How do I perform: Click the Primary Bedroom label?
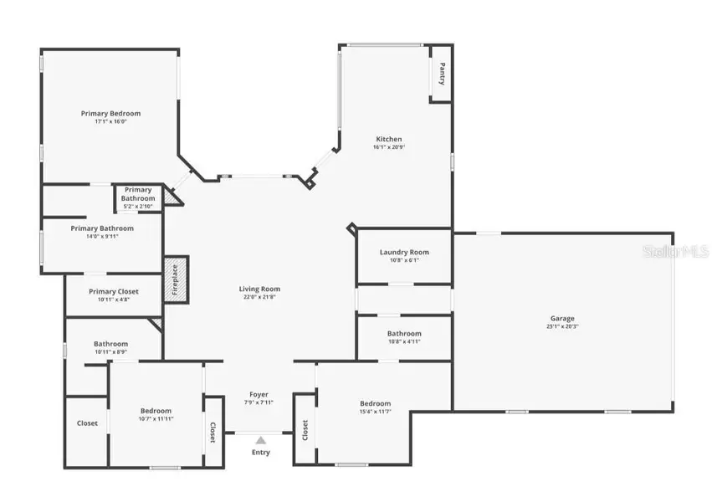click(110, 113)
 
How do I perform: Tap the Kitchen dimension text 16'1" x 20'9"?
click(388, 147)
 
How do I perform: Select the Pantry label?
click(442, 74)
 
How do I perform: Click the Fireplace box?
click(177, 279)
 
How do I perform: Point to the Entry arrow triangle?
click(260, 439)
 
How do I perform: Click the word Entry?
click(260, 453)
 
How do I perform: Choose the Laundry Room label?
click(404, 252)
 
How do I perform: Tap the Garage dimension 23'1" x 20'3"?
click(562, 326)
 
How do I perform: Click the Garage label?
click(562, 318)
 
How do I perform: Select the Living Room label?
click(259, 289)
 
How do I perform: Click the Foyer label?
click(259, 393)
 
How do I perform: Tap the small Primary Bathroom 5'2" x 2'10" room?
click(139, 198)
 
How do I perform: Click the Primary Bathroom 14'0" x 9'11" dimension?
click(102, 237)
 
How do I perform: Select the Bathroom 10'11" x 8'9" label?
click(110, 343)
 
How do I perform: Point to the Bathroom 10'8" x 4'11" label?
click(404, 333)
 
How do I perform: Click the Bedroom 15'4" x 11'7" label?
click(375, 403)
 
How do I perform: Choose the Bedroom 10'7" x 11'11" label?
click(156, 411)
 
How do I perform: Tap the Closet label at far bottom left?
click(87, 423)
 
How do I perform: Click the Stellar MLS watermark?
click(679, 250)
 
